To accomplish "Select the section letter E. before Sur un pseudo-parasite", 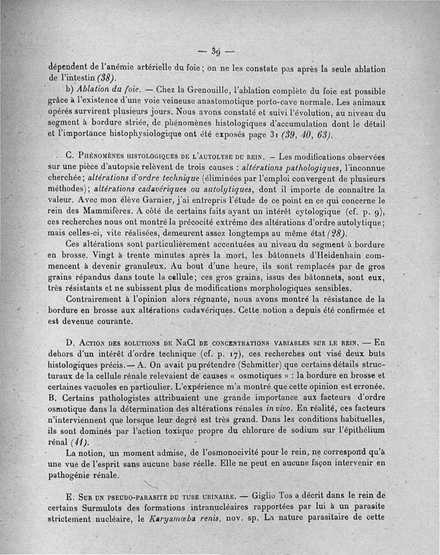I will (x=69, y=493).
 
